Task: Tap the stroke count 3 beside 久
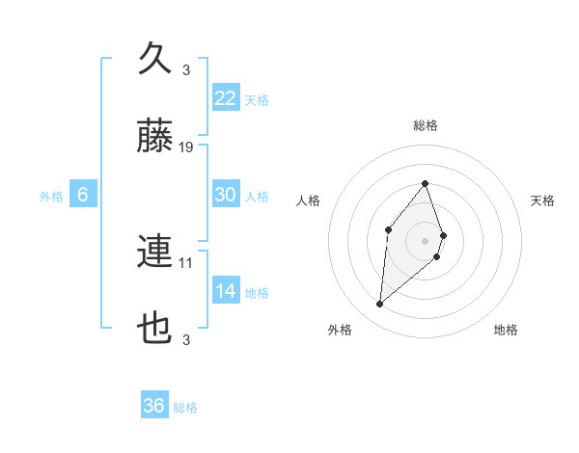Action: click(186, 69)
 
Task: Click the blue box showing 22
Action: click(225, 98)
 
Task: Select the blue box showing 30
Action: click(225, 195)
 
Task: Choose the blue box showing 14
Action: click(225, 291)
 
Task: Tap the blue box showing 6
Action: click(83, 195)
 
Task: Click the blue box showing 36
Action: click(154, 406)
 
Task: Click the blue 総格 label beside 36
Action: click(185, 408)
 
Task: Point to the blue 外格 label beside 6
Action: click(51, 197)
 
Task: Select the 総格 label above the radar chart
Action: click(425, 125)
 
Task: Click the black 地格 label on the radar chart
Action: click(506, 330)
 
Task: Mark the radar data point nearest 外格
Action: click(380, 305)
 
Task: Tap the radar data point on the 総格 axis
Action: click(425, 183)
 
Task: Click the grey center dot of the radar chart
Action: click(425, 240)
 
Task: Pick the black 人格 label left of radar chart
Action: click(309, 200)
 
